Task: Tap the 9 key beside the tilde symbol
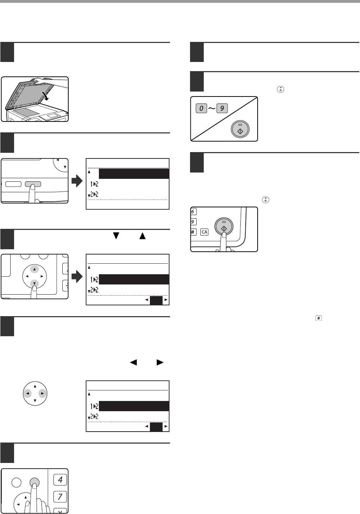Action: pos(222,108)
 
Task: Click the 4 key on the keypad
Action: pos(60,479)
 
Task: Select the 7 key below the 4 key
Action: pos(60,497)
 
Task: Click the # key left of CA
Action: pos(194,232)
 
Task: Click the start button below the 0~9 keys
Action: pos(240,130)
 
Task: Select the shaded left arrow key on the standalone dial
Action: pos(27,393)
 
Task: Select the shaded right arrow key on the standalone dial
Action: pos(42,393)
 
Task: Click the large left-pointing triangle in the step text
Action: pos(133,362)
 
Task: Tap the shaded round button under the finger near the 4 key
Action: pos(34,482)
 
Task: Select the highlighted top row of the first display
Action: pos(134,174)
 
